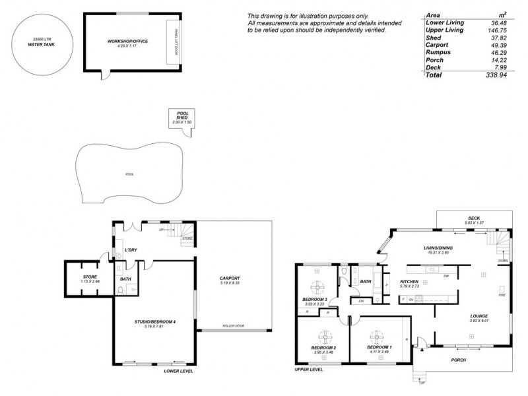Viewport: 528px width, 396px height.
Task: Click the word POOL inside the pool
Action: click(x=129, y=175)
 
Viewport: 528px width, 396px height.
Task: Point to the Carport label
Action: click(x=229, y=279)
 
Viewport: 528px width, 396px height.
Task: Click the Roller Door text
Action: click(x=234, y=325)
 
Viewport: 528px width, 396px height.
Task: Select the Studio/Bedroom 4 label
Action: click(x=155, y=321)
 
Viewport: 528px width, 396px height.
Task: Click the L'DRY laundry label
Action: click(x=131, y=251)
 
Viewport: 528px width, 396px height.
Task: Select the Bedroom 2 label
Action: click(x=323, y=348)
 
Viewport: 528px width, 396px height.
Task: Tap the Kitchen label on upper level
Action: click(x=409, y=282)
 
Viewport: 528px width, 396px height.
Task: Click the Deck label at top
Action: click(x=474, y=218)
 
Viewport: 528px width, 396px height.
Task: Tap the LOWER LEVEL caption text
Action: click(x=178, y=371)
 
